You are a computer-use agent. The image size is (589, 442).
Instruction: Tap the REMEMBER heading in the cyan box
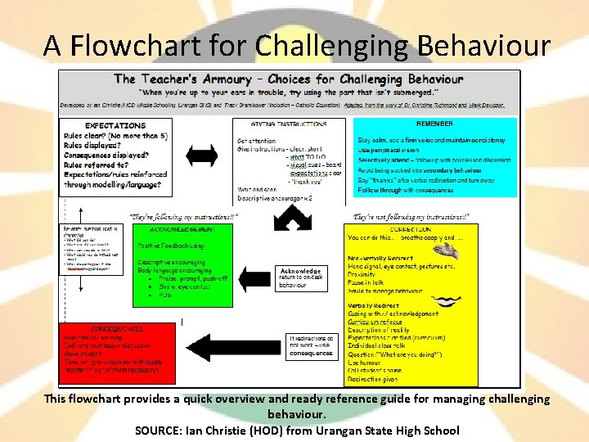click(x=434, y=124)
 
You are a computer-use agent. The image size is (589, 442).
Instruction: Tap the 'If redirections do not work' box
click(x=310, y=345)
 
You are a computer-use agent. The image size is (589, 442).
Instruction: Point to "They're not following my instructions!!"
click(x=411, y=217)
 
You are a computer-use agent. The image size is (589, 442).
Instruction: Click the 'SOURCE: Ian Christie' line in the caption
click(x=297, y=430)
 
